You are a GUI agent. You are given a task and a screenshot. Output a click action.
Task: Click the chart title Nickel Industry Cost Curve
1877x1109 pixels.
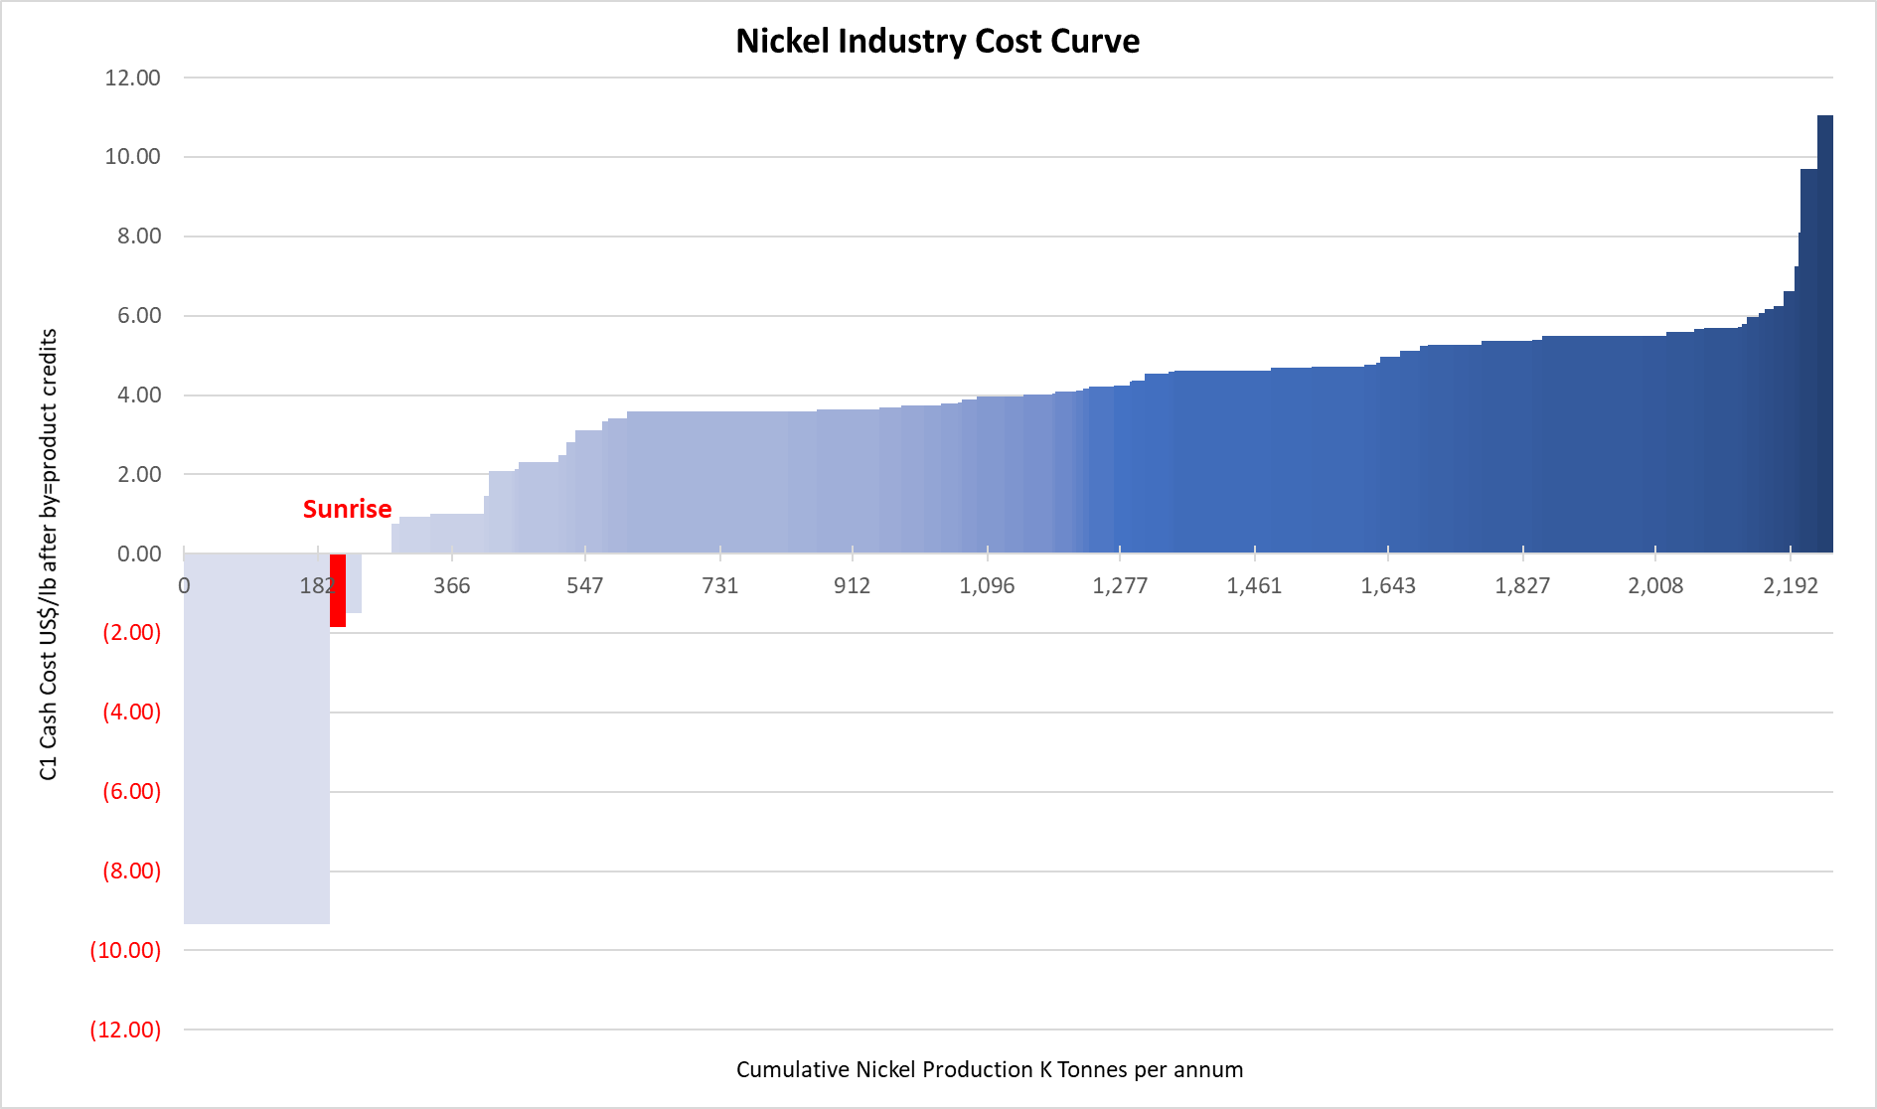[937, 41]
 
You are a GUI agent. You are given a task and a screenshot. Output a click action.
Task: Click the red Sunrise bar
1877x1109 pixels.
[338, 590]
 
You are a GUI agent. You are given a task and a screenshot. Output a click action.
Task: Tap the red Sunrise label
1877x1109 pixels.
[347, 509]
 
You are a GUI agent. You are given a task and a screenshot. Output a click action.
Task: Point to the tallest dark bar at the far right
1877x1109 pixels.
[1824, 333]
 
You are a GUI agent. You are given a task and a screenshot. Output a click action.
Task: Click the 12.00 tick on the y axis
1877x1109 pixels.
[132, 78]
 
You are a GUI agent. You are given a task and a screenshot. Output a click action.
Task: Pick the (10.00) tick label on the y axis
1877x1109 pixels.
[125, 950]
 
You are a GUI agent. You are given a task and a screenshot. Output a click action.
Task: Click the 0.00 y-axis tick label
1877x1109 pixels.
[138, 554]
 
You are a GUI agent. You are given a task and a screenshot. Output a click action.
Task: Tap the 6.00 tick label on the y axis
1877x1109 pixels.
[138, 315]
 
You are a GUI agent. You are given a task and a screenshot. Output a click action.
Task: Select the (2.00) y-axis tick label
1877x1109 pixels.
[131, 632]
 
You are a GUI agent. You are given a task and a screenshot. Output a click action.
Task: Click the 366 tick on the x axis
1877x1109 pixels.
[451, 585]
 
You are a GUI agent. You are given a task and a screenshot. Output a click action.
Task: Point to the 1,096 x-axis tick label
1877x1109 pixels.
[987, 585]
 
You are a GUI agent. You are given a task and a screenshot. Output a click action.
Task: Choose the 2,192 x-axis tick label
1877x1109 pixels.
[1790, 585]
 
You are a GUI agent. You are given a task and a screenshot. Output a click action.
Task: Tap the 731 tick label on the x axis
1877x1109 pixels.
[719, 585]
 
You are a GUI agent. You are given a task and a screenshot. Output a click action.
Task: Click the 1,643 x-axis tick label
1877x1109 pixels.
[1387, 585]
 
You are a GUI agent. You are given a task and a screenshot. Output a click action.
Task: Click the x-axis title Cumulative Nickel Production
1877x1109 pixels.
[989, 1069]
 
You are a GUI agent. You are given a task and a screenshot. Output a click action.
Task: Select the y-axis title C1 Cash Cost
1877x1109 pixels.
[48, 554]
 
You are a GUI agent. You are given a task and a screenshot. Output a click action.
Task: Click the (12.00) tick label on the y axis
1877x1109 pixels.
[125, 1030]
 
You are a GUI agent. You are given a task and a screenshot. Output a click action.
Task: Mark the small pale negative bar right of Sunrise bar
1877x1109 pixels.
[354, 583]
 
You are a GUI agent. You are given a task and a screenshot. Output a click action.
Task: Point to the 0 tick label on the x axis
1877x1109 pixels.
[184, 585]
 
